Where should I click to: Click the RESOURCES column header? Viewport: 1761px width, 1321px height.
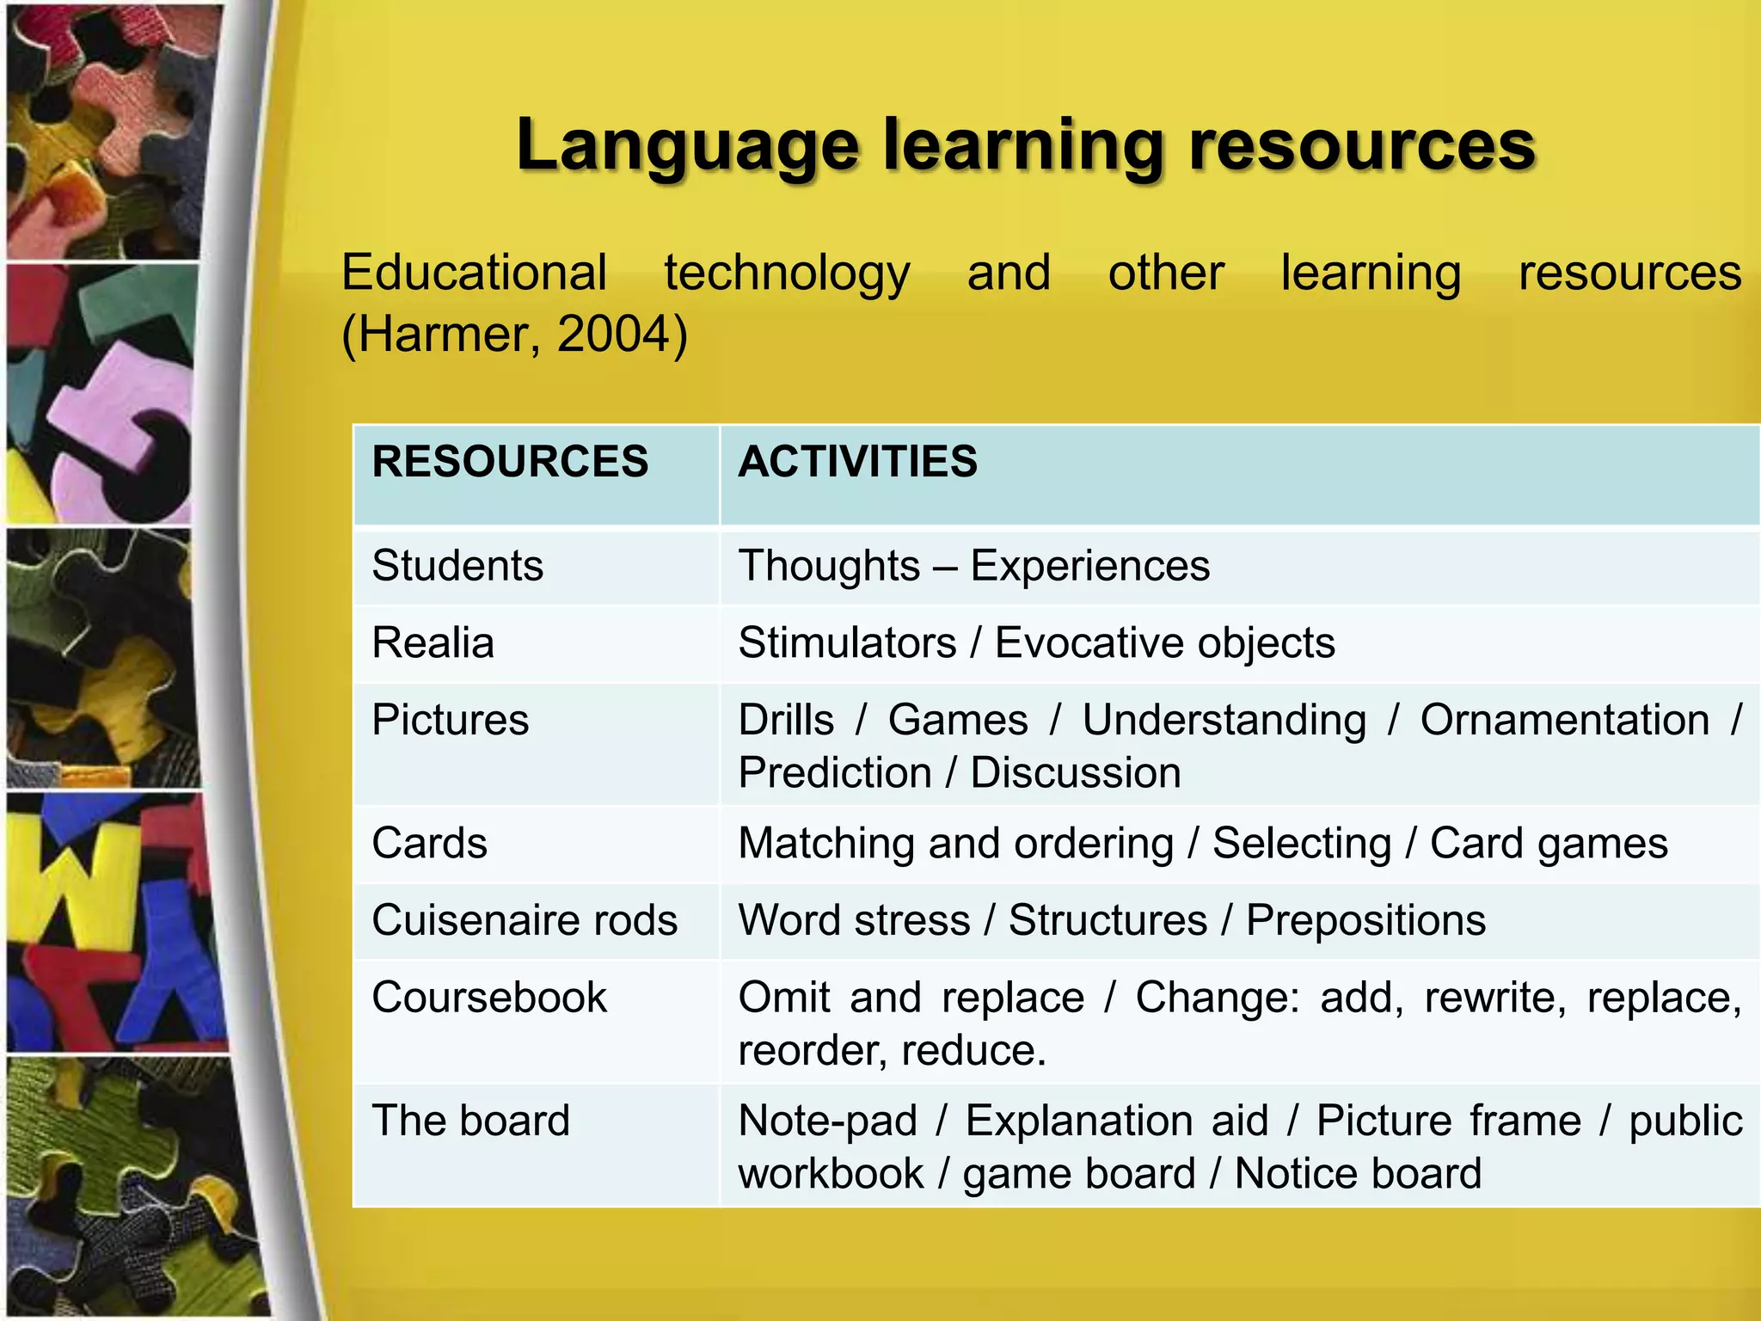[x=510, y=462]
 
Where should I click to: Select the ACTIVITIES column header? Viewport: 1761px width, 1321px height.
[x=857, y=462]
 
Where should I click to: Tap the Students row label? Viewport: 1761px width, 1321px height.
[x=457, y=566]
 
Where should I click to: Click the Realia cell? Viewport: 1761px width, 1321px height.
[x=433, y=643]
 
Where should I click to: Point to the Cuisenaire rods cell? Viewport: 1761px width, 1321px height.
[x=525, y=920]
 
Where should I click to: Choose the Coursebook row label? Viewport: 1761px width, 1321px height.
[x=489, y=998]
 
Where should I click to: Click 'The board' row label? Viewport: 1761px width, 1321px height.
[x=471, y=1121]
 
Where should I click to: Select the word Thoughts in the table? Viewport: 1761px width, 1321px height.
[x=829, y=566]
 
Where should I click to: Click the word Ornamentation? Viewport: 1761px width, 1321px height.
[x=1564, y=720]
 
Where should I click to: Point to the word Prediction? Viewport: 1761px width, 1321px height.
[x=835, y=772]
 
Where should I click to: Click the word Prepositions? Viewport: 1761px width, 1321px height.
[x=1365, y=920]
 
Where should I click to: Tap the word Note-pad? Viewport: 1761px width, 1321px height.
[x=828, y=1121]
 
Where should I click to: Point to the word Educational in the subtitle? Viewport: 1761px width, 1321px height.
[x=475, y=273]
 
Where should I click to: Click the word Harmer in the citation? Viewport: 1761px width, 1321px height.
[x=448, y=334]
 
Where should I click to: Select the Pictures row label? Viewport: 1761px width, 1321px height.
[x=451, y=720]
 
